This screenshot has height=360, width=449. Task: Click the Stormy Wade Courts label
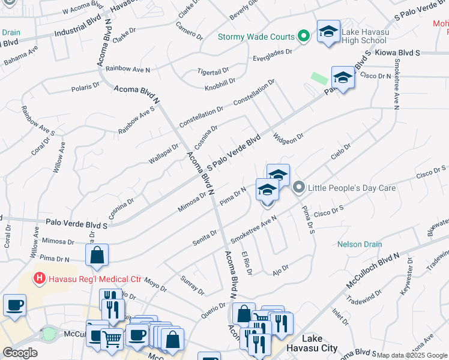[x=256, y=37]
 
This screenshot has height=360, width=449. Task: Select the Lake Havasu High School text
[x=364, y=36]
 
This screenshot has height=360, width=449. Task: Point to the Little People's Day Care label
[x=352, y=188]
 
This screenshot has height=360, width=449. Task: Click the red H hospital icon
[x=39, y=278]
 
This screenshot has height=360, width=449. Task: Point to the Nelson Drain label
[x=360, y=244]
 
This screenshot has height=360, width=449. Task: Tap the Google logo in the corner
[x=20, y=353]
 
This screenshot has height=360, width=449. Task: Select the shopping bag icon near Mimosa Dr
[x=97, y=255]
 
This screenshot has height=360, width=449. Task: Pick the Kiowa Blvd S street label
[x=396, y=53]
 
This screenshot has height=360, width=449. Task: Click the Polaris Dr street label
[x=85, y=87]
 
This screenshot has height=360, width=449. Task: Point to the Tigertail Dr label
[x=213, y=70]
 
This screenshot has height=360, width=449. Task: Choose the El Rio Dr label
[x=246, y=263]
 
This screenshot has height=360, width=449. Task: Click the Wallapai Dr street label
[x=163, y=154]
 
